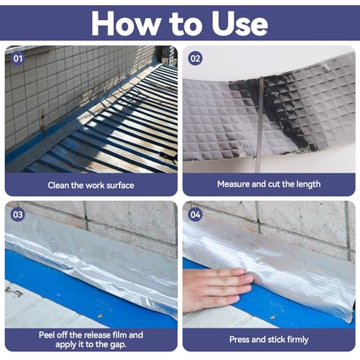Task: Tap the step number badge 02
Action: [194, 56]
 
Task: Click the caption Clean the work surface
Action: [90, 184]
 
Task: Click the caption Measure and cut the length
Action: [268, 184]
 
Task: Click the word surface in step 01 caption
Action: [117, 184]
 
